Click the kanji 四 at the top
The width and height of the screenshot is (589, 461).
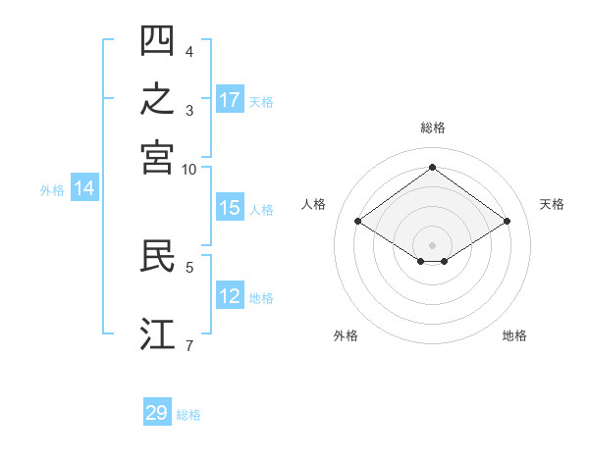157,40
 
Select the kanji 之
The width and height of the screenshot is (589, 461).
157,98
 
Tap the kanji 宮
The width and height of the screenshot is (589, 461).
157,158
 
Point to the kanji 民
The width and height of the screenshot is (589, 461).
157,255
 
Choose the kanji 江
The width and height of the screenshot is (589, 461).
157,333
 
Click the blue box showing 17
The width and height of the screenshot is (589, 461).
230,99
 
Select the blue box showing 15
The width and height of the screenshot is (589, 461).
230,207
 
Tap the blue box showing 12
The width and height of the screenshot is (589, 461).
230,294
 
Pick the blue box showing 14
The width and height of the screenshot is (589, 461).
84,187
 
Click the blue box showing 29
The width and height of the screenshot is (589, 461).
157,411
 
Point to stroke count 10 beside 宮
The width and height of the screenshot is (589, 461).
188,170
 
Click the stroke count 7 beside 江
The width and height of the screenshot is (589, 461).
189,345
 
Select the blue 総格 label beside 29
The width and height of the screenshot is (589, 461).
188,415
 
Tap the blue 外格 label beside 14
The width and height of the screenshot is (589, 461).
52,190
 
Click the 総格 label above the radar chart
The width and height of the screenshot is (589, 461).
433,128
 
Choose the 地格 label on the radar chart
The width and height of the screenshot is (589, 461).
514,335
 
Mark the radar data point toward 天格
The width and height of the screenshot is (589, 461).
507,221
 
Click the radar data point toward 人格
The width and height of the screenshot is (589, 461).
358,221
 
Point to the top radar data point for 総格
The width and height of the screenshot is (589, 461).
432,167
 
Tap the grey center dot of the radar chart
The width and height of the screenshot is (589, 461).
432,245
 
